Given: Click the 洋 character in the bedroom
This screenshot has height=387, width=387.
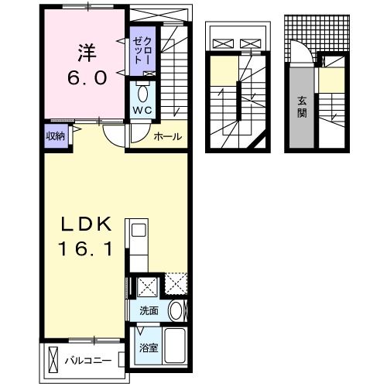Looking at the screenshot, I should pyautogui.click(x=86, y=54).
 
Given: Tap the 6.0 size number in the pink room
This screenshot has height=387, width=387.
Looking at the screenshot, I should pyautogui.click(x=85, y=77).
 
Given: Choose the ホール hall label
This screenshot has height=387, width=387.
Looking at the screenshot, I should pyautogui.click(x=167, y=137).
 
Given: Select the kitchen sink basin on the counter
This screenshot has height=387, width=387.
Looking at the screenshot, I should pyautogui.click(x=138, y=231).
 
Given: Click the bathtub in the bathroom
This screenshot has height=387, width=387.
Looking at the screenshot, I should pyautogui.click(x=174, y=348).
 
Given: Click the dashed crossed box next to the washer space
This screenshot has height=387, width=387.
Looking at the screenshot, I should pyautogui.click(x=176, y=286).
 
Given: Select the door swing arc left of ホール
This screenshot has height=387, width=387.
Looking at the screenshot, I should pyautogui.click(x=116, y=137).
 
